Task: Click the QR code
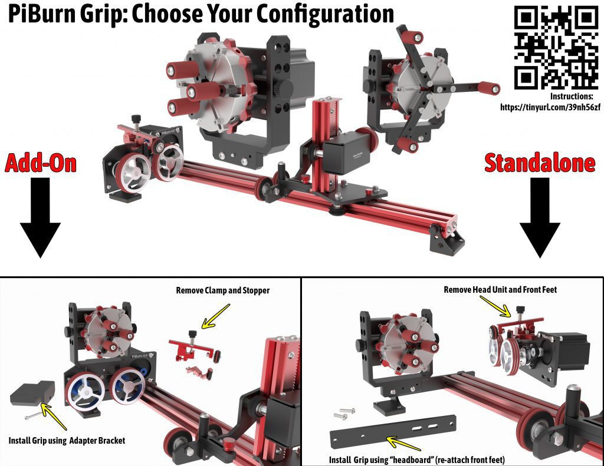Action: tap(556, 48)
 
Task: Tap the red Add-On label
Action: tap(41, 163)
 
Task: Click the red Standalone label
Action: tap(540, 163)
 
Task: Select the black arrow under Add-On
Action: tap(40, 217)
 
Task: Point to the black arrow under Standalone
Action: tap(540, 217)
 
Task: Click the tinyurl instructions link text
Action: tap(550, 107)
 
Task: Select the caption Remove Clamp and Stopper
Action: tap(222, 290)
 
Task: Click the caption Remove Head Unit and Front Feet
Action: tap(500, 289)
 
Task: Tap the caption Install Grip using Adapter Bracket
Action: tap(67, 441)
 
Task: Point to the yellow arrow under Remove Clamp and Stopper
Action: tap(216, 316)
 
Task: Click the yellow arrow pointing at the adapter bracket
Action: tap(54, 416)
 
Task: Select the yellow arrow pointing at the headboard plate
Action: tap(403, 443)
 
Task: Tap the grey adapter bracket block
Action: tap(32, 394)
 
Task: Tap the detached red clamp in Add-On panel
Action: tap(195, 349)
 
